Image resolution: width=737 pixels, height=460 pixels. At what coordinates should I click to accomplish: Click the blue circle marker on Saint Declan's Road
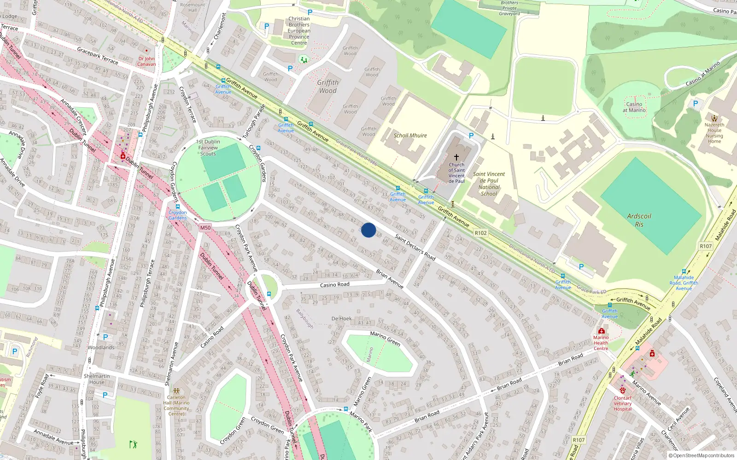click(368, 230)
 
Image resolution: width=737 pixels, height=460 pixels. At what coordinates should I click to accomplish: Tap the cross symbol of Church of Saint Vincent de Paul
click(456, 157)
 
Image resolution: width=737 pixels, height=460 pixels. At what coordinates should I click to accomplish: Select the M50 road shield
click(205, 228)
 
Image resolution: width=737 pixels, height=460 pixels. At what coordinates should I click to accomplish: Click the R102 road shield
click(480, 233)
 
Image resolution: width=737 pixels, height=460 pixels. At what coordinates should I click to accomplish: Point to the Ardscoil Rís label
click(639, 220)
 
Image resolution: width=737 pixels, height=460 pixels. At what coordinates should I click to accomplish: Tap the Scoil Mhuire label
click(410, 136)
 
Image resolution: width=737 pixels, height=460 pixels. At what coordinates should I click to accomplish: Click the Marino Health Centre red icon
click(601, 331)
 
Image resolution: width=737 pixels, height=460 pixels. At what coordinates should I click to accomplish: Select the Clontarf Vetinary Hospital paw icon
click(622, 391)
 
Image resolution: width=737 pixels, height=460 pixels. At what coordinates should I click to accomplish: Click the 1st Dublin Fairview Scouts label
click(208, 148)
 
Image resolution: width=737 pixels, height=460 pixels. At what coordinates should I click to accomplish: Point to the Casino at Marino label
click(634, 107)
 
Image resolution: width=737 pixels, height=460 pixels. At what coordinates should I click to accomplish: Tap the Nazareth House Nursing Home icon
click(714, 118)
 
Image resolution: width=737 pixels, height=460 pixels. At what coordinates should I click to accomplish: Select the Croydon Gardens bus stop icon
click(177, 207)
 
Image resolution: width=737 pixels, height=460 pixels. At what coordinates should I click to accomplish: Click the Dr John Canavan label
click(146, 61)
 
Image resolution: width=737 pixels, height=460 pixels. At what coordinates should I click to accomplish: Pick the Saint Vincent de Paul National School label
click(489, 184)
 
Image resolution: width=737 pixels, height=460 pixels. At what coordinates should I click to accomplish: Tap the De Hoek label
click(341, 318)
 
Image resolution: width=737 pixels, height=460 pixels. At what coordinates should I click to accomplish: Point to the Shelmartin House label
click(97, 379)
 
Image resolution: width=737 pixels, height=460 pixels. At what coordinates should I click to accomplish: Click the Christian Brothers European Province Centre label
click(299, 31)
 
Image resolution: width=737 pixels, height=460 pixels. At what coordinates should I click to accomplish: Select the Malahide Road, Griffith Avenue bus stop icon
click(684, 271)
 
